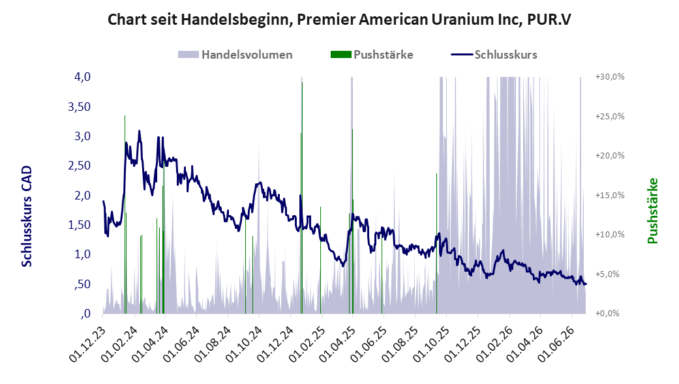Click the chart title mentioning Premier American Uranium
(x=339, y=20)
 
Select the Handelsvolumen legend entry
(x=235, y=55)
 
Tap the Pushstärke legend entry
(x=372, y=55)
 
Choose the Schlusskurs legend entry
(x=494, y=55)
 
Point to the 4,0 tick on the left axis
(x=82, y=77)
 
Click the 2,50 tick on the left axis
(x=79, y=166)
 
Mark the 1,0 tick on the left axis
(x=82, y=254)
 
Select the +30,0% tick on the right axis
(x=610, y=77)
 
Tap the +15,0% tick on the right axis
(x=610, y=195)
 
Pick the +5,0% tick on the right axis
(x=610, y=274)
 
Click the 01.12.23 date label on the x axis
(x=87, y=344)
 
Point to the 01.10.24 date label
(x=243, y=344)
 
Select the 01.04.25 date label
(x=337, y=344)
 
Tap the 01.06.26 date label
(x=556, y=344)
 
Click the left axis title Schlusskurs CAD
(x=27, y=216)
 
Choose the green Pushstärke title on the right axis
(x=653, y=211)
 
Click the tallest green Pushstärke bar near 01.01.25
(x=302, y=198)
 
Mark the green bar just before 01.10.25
(x=436, y=243)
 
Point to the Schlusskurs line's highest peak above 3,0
(x=139, y=131)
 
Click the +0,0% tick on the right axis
(x=610, y=314)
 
